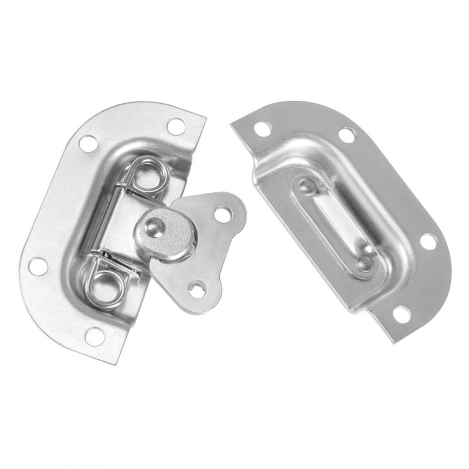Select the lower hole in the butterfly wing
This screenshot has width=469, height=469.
click(x=196, y=288)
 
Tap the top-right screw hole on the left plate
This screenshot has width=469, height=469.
click(x=175, y=126)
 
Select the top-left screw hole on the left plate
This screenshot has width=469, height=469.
click(x=88, y=143)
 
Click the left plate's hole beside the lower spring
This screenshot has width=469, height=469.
click(x=38, y=266)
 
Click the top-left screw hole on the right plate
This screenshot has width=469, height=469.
click(x=263, y=128)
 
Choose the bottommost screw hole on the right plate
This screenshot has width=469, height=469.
click(x=402, y=314)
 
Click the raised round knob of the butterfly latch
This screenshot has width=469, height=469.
click(x=164, y=232)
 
